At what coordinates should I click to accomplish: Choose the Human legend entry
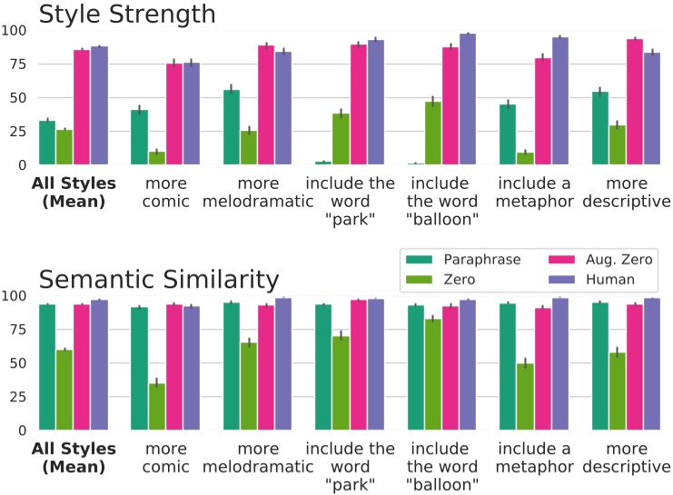pyautogui.click(x=586, y=280)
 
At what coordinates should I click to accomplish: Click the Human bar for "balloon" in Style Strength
pyautogui.click(x=468, y=100)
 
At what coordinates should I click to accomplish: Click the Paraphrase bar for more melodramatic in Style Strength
pyautogui.click(x=232, y=127)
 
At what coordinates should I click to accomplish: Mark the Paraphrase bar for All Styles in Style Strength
pyautogui.click(x=47, y=143)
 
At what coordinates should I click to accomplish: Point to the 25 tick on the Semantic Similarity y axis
pyautogui.click(x=15, y=398)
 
